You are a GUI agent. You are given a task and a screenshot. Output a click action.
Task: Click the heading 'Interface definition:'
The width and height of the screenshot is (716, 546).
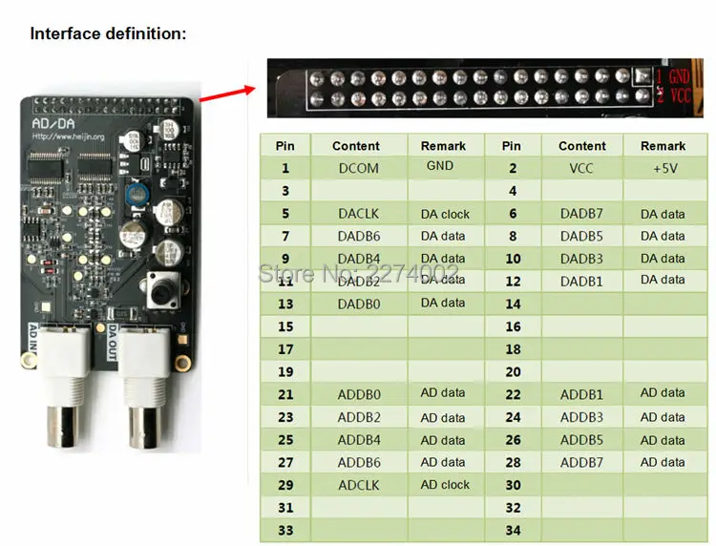[108, 34]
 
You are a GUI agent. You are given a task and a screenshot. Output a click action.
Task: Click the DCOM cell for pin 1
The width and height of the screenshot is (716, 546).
[358, 169]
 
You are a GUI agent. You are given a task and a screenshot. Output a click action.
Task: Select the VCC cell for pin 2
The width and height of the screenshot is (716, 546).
[581, 169]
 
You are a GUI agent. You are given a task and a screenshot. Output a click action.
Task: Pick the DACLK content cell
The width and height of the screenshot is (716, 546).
[358, 214]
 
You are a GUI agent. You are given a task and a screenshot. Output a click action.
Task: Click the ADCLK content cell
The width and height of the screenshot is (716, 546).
[358, 485]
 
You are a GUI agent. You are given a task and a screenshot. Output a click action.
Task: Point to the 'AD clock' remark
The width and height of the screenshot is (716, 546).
[445, 485]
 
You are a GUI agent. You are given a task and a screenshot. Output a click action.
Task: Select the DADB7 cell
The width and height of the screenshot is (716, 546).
[581, 214]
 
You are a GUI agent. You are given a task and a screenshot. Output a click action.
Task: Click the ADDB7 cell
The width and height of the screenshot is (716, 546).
[581, 463]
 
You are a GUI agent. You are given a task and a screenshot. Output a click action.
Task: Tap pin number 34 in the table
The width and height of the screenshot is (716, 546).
[513, 530]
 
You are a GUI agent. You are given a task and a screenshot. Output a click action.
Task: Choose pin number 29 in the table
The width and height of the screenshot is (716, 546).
[284, 485]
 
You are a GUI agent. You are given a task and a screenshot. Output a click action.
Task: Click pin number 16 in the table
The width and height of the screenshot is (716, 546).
[513, 326]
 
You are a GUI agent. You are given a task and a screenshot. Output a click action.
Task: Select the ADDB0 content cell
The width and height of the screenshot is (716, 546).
[358, 394]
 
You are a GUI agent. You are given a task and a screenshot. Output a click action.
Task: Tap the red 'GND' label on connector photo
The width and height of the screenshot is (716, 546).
[677, 75]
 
